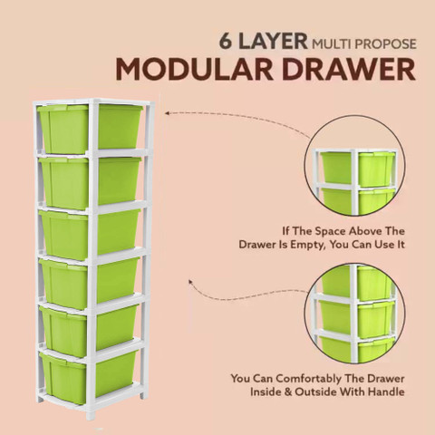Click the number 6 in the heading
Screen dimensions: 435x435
click(226, 41)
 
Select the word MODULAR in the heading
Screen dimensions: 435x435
click(194, 70)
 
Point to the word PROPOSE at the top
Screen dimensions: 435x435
click(385, 44)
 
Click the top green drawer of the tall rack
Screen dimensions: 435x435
click(90, 129)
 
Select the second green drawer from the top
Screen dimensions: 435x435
click(90, 182)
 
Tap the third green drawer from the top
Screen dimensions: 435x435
click(90, 234)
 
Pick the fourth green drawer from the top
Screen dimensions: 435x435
click(90, 283)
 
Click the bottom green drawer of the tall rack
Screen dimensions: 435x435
click(88, 378)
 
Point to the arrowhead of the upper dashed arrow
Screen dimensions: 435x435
click(167, 113)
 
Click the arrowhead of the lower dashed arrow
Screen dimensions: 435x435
click(190, 282)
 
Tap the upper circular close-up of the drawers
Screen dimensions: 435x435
click(354, 166)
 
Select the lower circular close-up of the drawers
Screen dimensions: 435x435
click(354, 313)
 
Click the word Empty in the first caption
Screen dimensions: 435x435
click(308, 245)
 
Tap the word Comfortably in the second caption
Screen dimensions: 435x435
click(308, 379)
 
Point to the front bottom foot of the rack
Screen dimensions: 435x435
click(91, 415)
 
